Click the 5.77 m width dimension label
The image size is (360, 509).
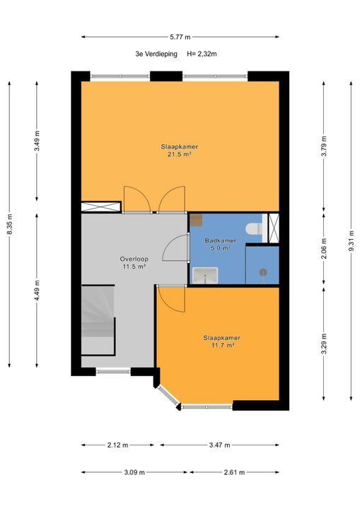[180, 37]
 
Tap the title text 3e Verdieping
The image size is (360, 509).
[156, 54]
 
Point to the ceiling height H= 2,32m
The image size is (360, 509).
[202, 54]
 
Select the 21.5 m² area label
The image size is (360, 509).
[179, 155]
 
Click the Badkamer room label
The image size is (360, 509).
[220, 240]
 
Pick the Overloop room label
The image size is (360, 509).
[134, 259]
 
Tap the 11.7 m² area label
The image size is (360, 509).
[223, 346]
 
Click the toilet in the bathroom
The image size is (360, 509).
[254, 228]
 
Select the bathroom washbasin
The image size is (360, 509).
[205, 275]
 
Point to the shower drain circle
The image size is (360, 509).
[263, 272]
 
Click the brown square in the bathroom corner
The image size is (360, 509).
[196, 220]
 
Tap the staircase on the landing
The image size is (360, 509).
[98, 320]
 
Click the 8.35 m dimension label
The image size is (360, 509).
[9, 224]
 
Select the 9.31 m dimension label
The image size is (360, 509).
[352, 240]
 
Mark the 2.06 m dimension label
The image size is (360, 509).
[324, 248]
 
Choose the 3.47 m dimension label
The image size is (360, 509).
[220, 445]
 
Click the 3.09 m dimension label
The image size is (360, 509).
[134, 472]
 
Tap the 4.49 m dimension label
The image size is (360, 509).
[37, 291]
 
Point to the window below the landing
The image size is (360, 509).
[113, 371]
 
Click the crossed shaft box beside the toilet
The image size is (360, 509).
[274, 228]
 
